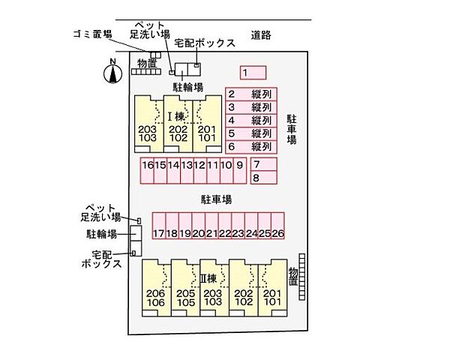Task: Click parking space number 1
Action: [253, 73]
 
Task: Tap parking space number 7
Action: [264, 165]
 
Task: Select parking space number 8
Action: [264, 178]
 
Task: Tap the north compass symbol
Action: [112, 73]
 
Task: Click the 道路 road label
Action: [261, 34]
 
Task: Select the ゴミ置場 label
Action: [93, 34]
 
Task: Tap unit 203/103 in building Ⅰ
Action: [148, 133]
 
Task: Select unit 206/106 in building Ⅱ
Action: [155, 298]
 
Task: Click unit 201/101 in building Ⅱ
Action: [272, 298]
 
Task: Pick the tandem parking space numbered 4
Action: [251, 120]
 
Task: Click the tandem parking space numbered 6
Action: [251, 146]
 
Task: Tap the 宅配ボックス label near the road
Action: [205, 43]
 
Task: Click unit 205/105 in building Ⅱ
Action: [184, 298]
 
